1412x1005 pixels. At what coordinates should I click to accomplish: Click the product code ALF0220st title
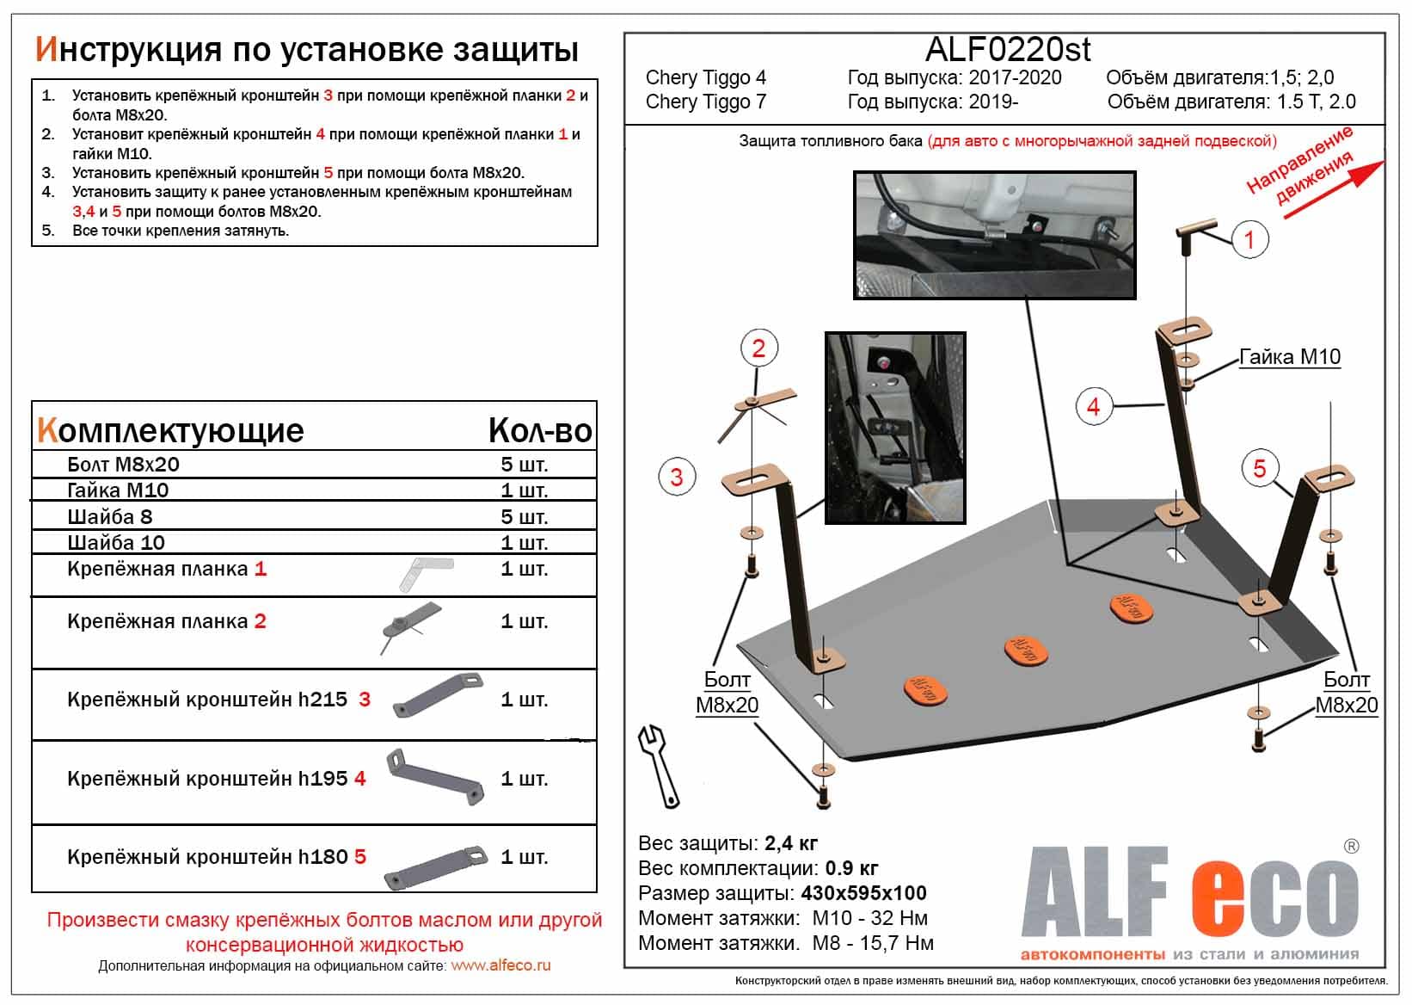[x=1007, y=50]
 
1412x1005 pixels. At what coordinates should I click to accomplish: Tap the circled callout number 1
[x=1249, y=239]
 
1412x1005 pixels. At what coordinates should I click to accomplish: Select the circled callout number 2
[x=758, y=348]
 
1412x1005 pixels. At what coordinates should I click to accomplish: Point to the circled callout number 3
[x=676, y=477]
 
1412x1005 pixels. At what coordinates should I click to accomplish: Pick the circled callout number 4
[x=1093, y=406]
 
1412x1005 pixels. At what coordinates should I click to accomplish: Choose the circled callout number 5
[x=1259, y=469]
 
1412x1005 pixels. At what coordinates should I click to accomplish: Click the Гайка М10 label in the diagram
[x=1290, y=356]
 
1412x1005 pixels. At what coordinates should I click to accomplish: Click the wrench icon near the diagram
[x=659, y=765]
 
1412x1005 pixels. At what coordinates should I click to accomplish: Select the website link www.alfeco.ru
[x=500, y=965]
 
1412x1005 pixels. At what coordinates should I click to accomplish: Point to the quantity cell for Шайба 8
[x=524, y=517]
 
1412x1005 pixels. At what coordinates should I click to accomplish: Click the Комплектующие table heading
[x=170, y=430]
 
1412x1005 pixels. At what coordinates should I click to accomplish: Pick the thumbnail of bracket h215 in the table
[x=438, y=695]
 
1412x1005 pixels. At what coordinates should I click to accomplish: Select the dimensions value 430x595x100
[x=863, y=893]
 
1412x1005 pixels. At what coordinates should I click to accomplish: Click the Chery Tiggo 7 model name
[x=705, y=102]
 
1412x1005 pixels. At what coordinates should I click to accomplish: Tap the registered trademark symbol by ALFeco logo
[x=1351, y=847]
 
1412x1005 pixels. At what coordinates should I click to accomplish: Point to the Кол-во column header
[x=540, y=430]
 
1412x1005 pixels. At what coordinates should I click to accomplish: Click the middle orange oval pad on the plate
[x=1026, y=650]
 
